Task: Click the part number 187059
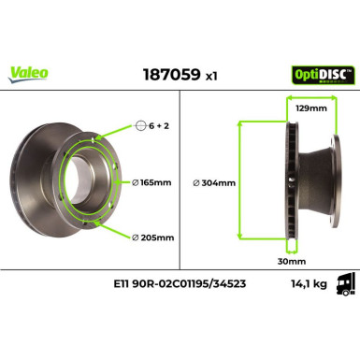pyautogui.click(x=165, y=73)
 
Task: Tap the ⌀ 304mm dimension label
pyautogui.click(x=214, y=183)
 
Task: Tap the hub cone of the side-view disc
pyautogui.click(x=321, y=182)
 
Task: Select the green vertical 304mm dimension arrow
pyautogui.click(x=241, y=183)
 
